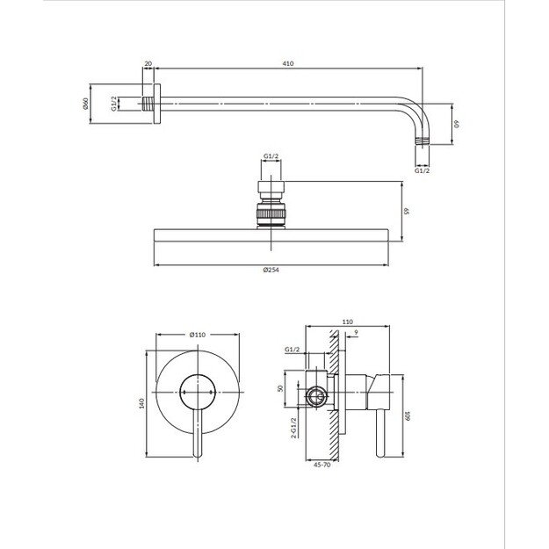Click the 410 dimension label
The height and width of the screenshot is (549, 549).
click(288, 64)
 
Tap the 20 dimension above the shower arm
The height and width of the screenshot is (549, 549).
click(148, 64)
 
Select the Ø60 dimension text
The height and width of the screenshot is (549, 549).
click(86, 104)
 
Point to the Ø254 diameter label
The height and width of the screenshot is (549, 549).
click(271, 270)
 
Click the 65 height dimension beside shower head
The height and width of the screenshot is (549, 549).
click(407, 211)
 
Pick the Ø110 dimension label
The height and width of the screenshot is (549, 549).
click(198, 335)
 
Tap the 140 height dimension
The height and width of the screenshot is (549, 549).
click(141, 403)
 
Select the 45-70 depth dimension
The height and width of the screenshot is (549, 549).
click(321, 465)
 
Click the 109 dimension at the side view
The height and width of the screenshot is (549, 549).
click(408, 416)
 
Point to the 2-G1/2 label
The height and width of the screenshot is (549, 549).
click(293, 428)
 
